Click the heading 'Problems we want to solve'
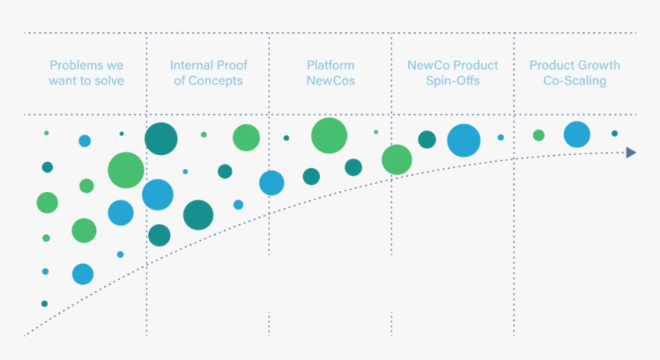point(86,73)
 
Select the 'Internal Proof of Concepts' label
point(208,73)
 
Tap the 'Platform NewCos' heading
point(331,73)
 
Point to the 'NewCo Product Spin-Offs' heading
point(453,73)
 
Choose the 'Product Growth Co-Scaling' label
point(575,73)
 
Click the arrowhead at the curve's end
point(631,152)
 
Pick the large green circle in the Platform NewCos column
point(329,136)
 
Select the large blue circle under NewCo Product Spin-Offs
point(464,140)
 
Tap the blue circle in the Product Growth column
point(576,134)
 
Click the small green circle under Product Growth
point(539,135)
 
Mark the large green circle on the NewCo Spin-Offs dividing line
point(397,160)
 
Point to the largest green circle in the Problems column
point(126,170)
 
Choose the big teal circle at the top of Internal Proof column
point(161,139)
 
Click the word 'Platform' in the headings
point(331,65)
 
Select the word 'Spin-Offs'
point(453,81)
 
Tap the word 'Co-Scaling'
point(575,81)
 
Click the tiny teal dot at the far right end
point(614,134)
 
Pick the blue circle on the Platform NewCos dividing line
point(272,183)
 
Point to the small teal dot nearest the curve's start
point(45,303)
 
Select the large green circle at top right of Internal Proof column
point(246,137)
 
